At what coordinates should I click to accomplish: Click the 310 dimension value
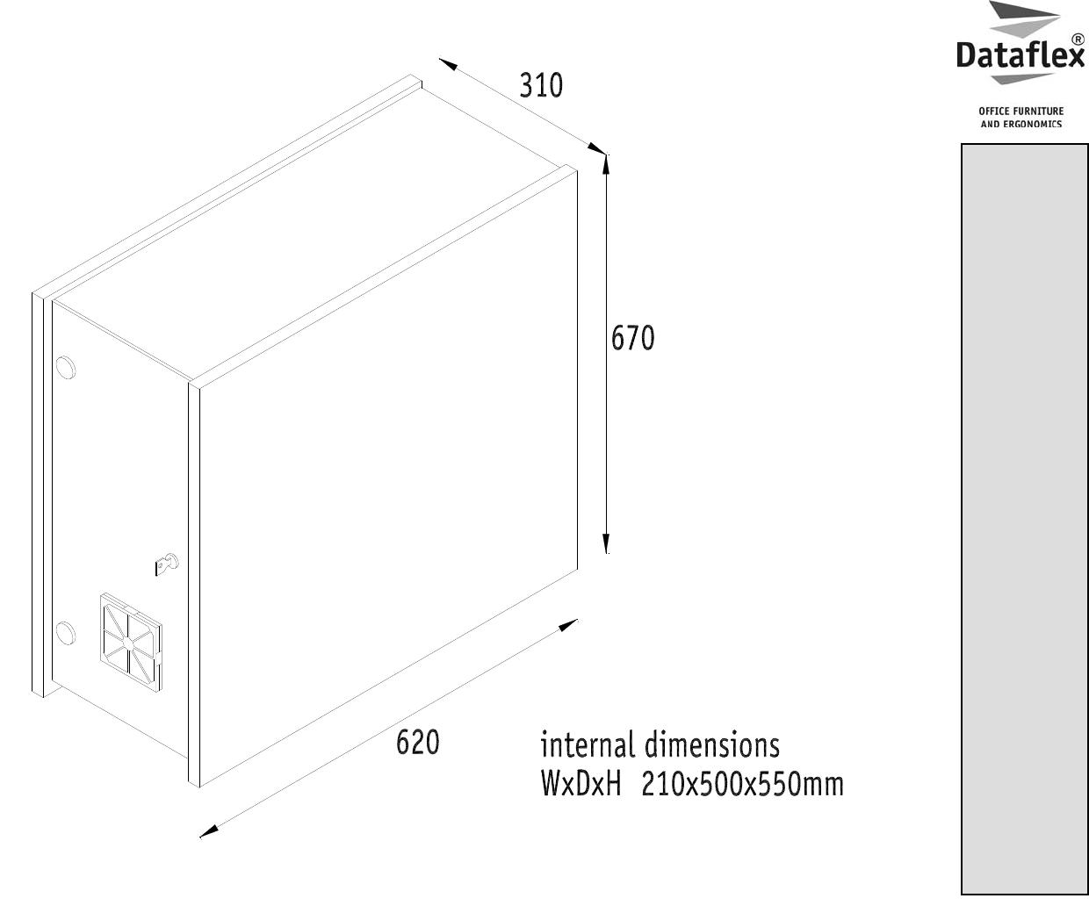point(540,86)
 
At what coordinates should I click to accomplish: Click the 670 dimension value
point(633,338)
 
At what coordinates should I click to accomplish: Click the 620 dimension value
point(417,742)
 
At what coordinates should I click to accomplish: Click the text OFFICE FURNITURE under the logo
point(1020,111)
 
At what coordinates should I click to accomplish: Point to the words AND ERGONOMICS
point(1020,124)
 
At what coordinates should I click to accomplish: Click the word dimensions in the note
point(711,745)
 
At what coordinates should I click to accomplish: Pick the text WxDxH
point(581,783)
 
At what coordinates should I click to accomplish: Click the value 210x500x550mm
point(742,783)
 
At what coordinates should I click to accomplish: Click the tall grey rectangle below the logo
point(1024,519)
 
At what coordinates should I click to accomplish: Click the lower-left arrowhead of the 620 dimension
point(207,831)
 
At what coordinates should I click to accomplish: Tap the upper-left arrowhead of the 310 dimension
point(447,63)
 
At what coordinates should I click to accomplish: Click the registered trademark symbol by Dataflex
point(1078,40)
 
